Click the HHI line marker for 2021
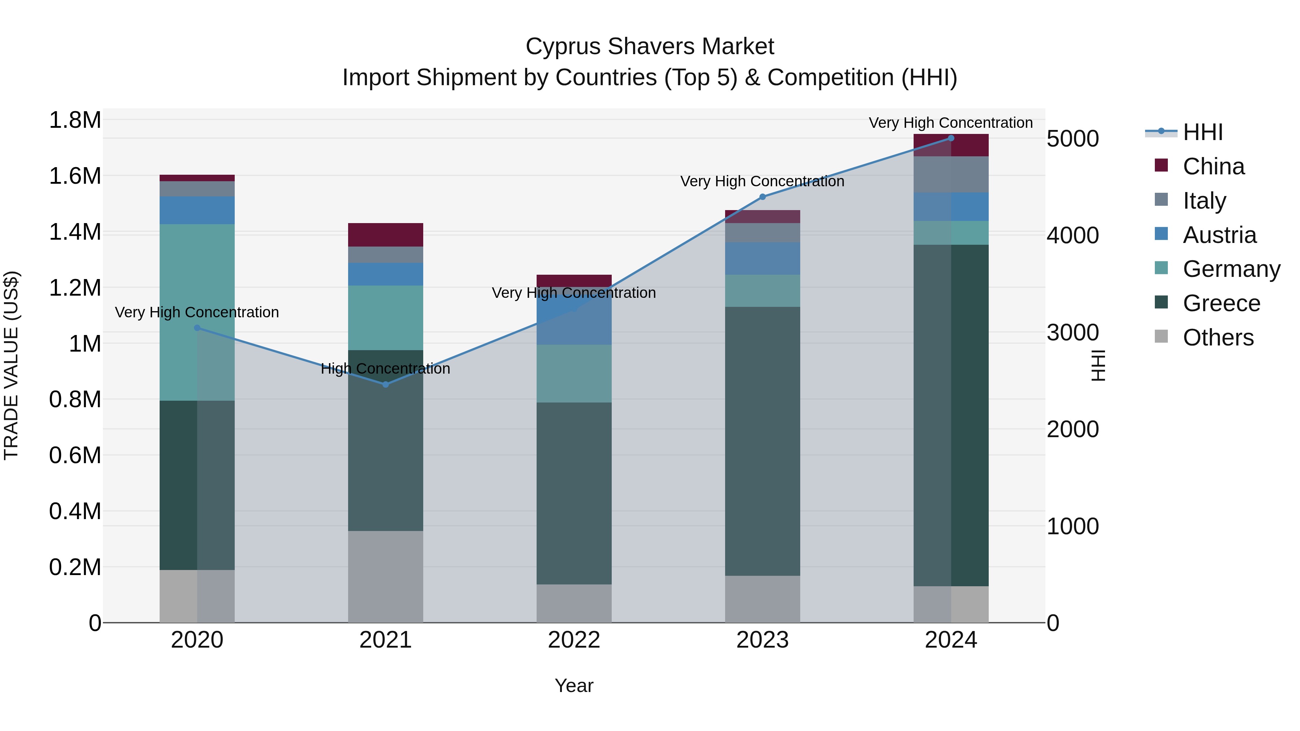386,384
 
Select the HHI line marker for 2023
763,197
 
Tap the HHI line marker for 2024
951,138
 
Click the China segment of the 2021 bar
386,235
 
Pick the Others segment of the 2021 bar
386,576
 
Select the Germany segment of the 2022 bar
574,373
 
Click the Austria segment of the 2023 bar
763,258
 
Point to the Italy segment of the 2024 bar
951,174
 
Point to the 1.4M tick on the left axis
75,232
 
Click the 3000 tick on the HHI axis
1073,332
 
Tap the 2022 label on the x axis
574,640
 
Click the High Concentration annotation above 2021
386,369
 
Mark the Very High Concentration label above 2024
951,123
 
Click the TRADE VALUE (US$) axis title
11,365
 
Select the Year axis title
574,686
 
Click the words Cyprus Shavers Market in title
650,47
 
